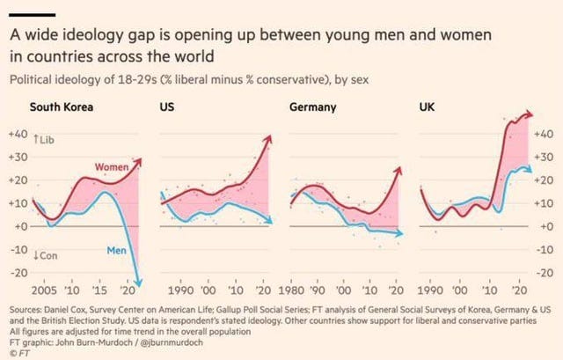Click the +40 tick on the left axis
[x=18, y=135]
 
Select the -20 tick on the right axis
[x=546, y=272]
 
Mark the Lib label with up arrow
[x=43, y=139]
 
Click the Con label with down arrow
[x=45, y=255]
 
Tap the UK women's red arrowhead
[x=531, y=114]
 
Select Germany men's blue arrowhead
[x=400, y=233]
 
